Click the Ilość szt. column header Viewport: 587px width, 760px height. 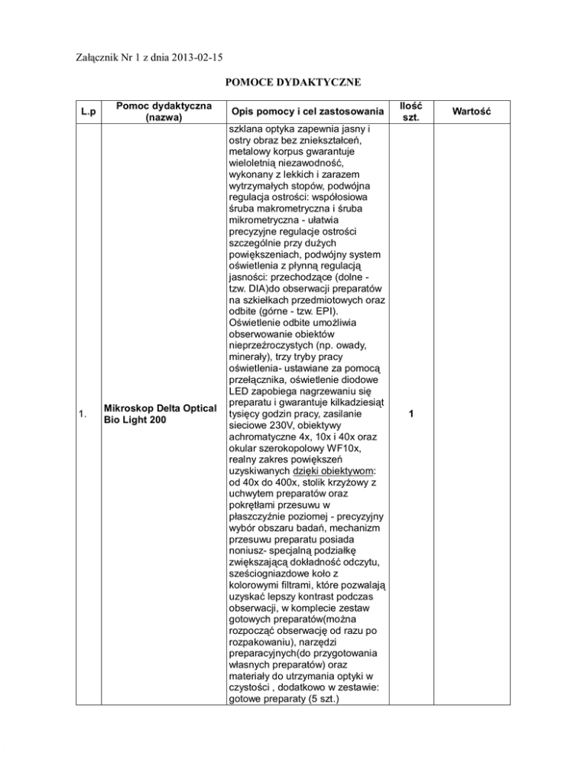point(411,112)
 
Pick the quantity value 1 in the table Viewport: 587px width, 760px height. point(411,414)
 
